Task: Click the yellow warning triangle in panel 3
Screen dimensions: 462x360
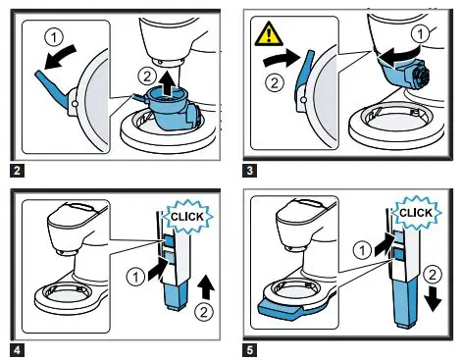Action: (269, 34)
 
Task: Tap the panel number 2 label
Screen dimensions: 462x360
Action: (17, 171)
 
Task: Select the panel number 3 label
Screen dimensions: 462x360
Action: (249, 171)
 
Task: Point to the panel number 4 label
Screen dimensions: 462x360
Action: (17, 350)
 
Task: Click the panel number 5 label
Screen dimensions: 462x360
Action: (249, 350)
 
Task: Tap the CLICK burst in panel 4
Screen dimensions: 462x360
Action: (187, 217)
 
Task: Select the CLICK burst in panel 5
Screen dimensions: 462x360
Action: (416, 213)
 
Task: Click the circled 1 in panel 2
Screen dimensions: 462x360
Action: (54, 38)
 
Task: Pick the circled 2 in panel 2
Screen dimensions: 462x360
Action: (147, 77)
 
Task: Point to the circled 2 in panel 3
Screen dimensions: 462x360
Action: (274, 82)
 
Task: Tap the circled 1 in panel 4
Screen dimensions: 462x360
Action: (135, 278)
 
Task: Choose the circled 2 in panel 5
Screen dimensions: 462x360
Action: (433, 275)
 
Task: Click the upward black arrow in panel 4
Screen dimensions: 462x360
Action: (206, 286)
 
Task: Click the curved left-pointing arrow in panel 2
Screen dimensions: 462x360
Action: (61, 56)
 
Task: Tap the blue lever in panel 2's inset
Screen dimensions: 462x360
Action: (53, 89)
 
